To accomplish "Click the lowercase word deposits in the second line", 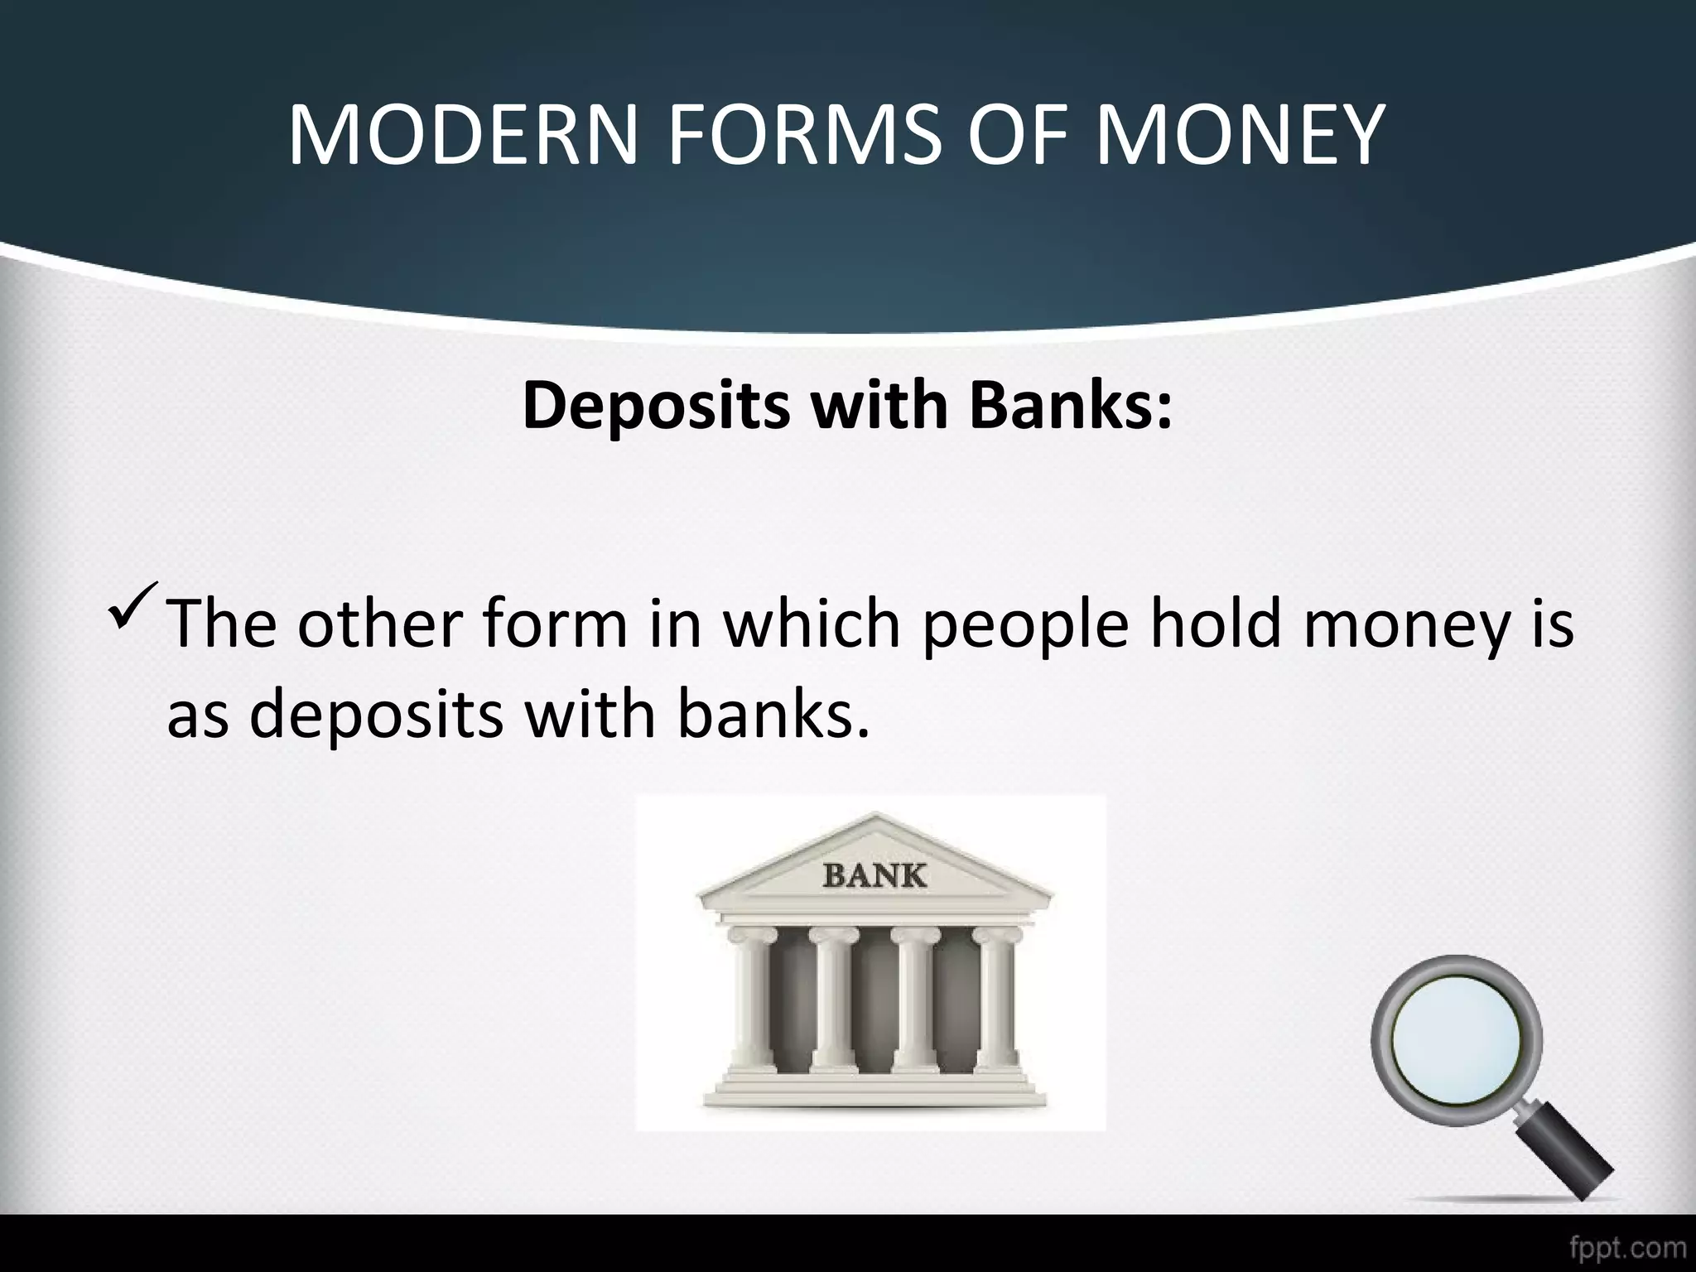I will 377,715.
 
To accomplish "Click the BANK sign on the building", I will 874,874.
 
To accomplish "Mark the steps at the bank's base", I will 874,1089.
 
